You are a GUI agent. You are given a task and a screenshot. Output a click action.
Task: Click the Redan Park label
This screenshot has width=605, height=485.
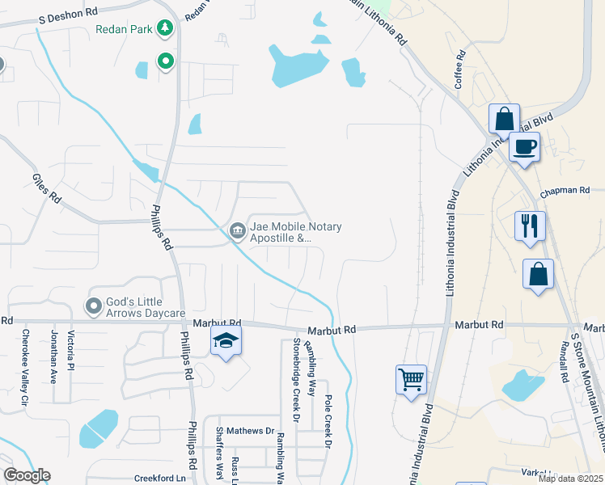click(125, 29)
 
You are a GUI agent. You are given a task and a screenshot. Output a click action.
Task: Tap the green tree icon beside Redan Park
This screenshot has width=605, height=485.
click(166, 29)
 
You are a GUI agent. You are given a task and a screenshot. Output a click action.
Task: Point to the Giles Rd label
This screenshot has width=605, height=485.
click(47, 188)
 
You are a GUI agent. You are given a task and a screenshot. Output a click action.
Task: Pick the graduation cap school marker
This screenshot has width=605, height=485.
click(226, 341)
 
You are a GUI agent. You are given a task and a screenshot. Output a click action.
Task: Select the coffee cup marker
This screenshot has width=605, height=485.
click(524, 147)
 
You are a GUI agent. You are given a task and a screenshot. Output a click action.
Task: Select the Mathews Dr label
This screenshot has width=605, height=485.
click(251, 431)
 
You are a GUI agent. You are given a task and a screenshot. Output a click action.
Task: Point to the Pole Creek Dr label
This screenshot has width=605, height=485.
click(328, 422)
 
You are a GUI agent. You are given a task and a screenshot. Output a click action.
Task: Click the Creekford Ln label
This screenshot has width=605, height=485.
click(159, 479)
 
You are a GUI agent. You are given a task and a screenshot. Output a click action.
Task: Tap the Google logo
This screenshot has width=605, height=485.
click(27, 475)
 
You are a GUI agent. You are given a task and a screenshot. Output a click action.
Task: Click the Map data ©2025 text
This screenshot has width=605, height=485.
click(570, 479)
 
